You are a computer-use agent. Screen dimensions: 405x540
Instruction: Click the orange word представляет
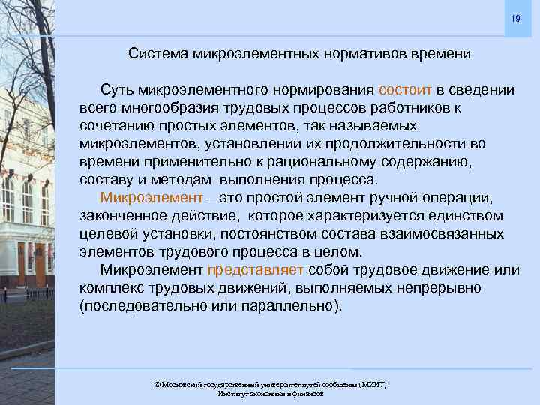256,270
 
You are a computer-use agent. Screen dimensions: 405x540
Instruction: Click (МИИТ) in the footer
373,385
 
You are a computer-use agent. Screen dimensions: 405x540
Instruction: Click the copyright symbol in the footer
157,385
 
